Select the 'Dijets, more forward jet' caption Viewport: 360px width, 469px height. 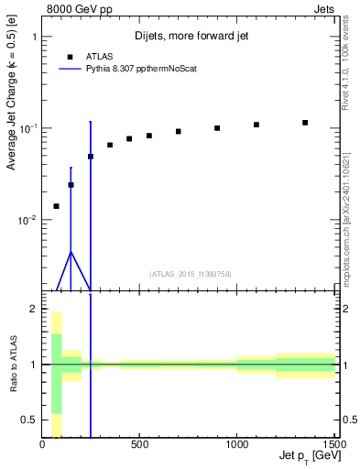[190, 37]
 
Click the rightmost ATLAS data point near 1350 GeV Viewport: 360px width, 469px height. [305, 123]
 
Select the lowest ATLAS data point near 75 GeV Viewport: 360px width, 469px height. [57, 206]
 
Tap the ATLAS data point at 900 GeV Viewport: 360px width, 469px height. [217, 128]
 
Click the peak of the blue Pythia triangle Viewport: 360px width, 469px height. [71, 252]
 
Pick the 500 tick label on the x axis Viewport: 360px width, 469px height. [140, 445]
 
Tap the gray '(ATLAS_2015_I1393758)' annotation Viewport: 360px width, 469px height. [191, 273]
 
